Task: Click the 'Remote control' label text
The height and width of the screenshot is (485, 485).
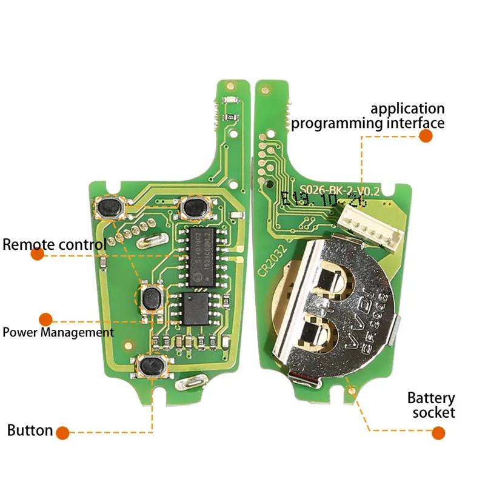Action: [x=55, y=245]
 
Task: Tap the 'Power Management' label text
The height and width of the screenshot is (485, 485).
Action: [x=58, y=332]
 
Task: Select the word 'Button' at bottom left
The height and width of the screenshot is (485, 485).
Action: [x=30, y=431]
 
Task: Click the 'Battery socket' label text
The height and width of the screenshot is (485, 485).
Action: [x=431, y=406]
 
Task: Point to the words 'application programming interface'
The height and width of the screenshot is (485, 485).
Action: [x=368, y=116]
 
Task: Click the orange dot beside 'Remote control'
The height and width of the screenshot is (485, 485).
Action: [x=38, y=255]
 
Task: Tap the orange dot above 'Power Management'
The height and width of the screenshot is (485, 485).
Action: [x=45, y=319]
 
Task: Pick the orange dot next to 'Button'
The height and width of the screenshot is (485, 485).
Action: [x=63, y=432]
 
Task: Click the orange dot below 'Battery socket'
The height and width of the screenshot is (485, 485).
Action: [x=438, y=432]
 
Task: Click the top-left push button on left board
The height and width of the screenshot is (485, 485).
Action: [x=110, y=208]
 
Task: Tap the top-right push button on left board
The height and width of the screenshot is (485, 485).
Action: [x=194, y=207]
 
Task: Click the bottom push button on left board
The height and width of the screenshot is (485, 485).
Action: [x=149, y=366]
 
